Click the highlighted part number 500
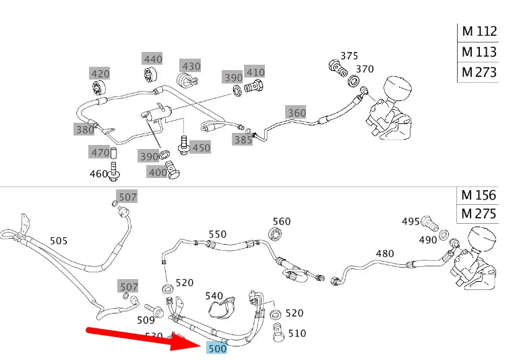(x=217, y=348)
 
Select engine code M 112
(x=479, y=31)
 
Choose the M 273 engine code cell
(x=479, y=72)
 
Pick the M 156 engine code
(x=479, y=196)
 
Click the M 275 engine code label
(x=479, y=215)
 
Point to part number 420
(x=100, y=73)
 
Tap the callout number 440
(x=153, y=59)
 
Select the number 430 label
(x=191, y=65)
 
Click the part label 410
(x=255, y=72)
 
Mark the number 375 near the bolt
(x=349, y=56)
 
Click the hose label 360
(x=297, y=113)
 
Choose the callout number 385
(x=243, y=140)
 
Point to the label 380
(x=85, y=129)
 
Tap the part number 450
(x=200, y=147)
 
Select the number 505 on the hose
(x=59, y=240)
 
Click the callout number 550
(x=217, y=235)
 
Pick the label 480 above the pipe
(x=384, y=253)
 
